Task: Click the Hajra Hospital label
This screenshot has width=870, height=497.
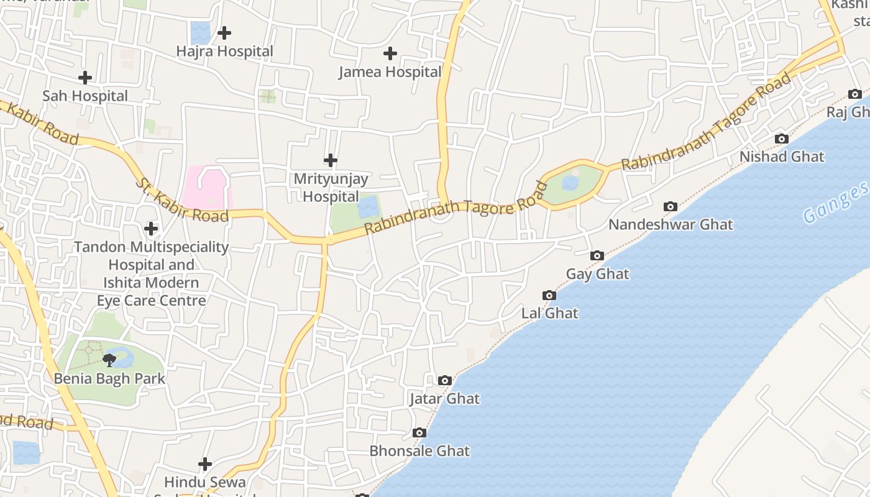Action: point(224,51)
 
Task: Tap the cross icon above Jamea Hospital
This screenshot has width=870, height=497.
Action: point(390,54)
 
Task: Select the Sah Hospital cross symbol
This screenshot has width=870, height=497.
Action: point(85,78)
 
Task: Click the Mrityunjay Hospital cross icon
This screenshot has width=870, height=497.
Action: point(331,161)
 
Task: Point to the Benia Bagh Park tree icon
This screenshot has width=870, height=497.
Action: point(109,360)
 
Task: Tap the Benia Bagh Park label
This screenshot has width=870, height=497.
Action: point(109,378)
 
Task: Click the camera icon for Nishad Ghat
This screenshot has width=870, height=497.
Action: point(781,139)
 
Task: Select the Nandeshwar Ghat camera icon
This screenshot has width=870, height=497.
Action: point(670,207)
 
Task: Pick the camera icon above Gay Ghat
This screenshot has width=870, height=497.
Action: point(597,256)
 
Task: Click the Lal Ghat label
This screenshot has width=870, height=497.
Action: point(549,313)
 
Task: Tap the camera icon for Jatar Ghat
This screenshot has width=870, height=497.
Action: point(444,381)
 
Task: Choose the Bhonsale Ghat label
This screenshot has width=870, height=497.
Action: point(419,451)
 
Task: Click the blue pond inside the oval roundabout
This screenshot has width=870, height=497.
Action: point(570,183)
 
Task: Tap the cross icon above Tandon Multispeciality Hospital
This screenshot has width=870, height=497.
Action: point(151,229)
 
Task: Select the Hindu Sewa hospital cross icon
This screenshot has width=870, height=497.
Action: point(204,464)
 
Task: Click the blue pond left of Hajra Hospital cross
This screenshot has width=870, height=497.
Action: point(200,32)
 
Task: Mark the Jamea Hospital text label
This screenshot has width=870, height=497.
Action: point(390,72)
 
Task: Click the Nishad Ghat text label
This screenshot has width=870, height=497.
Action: point(781,157)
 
